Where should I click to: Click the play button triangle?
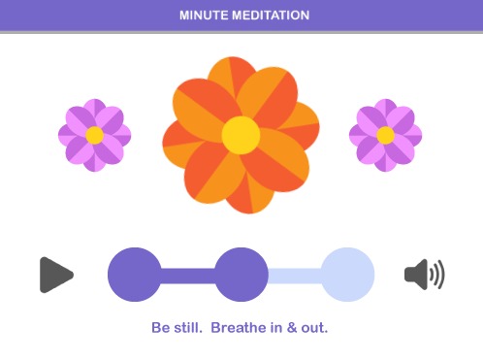coord(55,275)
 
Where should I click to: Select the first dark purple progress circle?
coord(135,275)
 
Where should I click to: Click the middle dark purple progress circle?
coord(241,275)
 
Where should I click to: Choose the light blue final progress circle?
coord(347,275)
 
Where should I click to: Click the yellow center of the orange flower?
coord(241,134)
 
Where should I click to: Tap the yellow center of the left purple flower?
coord(94,135)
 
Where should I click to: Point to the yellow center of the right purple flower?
coord(385,135)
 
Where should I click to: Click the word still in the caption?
coord(187,327)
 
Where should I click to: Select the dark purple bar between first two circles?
coord(188,275)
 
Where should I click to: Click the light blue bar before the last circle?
coord(294,275)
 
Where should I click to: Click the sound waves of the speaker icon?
coord(437,275)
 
